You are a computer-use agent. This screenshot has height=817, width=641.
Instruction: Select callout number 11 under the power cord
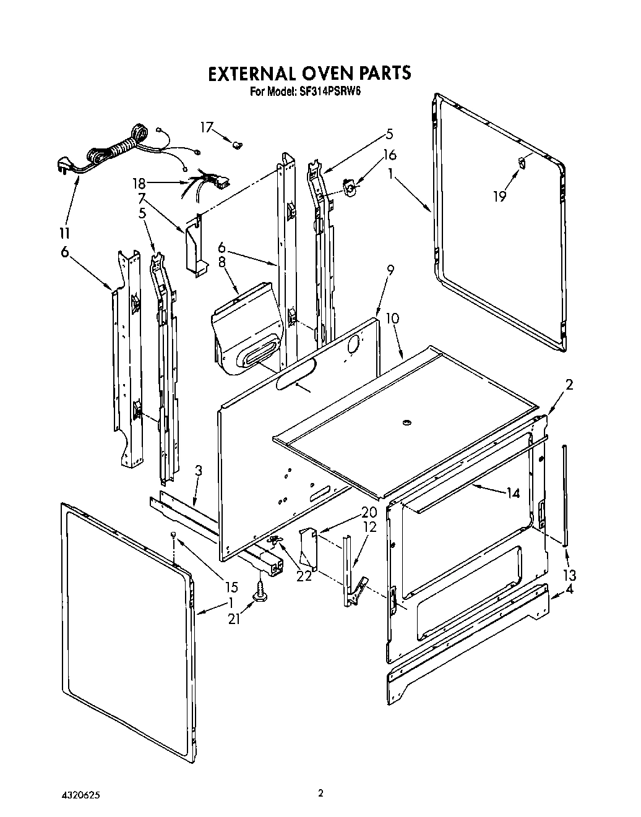64,233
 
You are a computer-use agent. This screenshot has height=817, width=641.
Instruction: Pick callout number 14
512,494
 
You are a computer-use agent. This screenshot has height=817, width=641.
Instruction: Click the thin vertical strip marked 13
564,495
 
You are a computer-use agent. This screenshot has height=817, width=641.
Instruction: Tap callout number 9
390,270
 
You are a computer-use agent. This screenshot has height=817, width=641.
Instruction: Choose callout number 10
392,319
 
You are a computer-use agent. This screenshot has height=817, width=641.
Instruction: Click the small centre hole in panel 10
407,422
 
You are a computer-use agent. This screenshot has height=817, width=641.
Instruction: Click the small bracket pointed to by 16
351,187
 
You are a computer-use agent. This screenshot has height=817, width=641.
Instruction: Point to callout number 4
569,589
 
